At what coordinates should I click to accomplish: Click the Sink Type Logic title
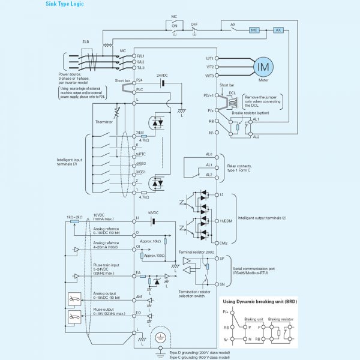65,4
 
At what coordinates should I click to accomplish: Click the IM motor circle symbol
262,67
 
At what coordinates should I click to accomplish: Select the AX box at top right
278,29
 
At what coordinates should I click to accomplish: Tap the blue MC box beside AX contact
254,29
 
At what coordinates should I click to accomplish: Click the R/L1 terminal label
140,56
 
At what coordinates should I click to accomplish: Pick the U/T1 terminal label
210,58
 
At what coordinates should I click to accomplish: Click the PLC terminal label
139,89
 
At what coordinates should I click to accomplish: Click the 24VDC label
163,76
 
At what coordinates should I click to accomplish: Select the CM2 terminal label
222,242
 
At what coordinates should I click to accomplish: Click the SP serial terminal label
221,258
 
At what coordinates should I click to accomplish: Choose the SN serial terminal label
221,284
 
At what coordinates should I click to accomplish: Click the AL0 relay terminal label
209,154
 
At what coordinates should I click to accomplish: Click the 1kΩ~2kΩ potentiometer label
74,215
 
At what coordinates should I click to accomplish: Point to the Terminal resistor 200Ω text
197,253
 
